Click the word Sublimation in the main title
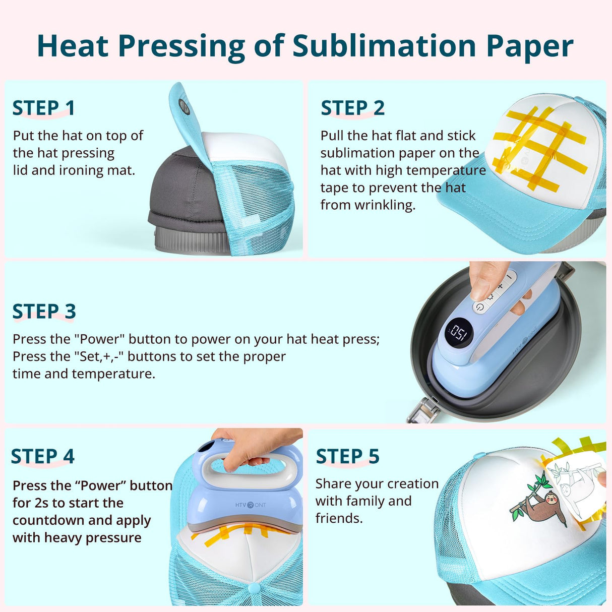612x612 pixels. coord(384,46)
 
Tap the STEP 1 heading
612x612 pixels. coord(44,108)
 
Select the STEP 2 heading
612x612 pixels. coord(352,108)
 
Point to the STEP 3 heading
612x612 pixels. coord(44,312)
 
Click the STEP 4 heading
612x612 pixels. coord(43,456)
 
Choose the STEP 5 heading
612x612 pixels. coord(347,456)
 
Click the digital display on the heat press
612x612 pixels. coord(459,333)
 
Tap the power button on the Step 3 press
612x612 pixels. coord(479,307)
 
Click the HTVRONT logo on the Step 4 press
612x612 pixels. coord(251,505)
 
